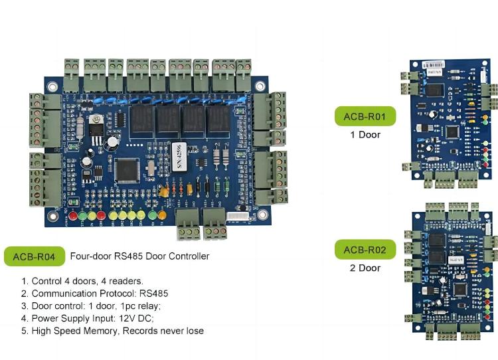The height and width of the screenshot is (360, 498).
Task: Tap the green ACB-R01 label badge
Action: (x=365, y=118)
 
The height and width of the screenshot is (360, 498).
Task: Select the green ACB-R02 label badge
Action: (x=365, y=250)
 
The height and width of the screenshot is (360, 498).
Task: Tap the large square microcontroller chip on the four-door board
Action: (x=126, y=171)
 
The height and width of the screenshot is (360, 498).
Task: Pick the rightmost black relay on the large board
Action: (x=218, y=120)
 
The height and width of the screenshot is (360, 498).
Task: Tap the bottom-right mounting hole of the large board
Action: (x=264, y=215)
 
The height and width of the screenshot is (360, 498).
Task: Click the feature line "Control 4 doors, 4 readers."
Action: (x=82, y=280)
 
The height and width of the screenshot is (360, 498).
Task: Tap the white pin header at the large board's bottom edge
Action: (x=237, y=217)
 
